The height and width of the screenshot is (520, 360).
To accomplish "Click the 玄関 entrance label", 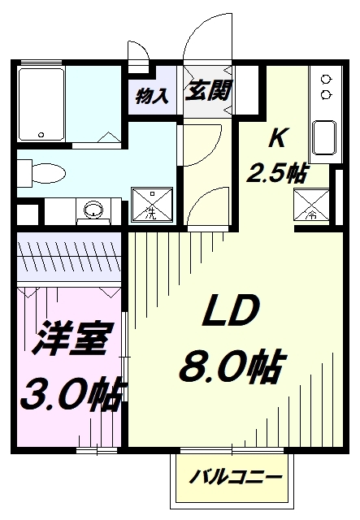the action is click(208, 90).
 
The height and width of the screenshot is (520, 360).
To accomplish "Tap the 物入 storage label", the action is click(152, 96).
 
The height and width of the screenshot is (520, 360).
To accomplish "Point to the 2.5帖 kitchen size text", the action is click(277, 172).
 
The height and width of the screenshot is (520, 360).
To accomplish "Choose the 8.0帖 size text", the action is click(232, 366).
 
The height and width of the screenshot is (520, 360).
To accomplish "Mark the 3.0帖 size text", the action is click(74, 394).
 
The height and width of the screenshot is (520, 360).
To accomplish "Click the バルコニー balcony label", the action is click(236, 477).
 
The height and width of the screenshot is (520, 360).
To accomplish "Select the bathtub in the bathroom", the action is click(41, 105).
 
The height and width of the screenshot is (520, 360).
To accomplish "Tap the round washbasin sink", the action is click(93, 210).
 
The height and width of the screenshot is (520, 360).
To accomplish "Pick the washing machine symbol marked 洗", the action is click(152, 205).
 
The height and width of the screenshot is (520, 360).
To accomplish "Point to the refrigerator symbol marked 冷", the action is click(311, 205).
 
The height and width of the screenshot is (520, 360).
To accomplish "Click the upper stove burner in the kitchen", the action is click(326, 80).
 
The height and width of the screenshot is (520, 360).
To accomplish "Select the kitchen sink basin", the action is click(324, 137).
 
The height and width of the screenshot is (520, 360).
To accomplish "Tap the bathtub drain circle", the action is click(41, 135).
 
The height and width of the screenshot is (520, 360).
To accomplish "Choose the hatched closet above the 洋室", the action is click(69, 257).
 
